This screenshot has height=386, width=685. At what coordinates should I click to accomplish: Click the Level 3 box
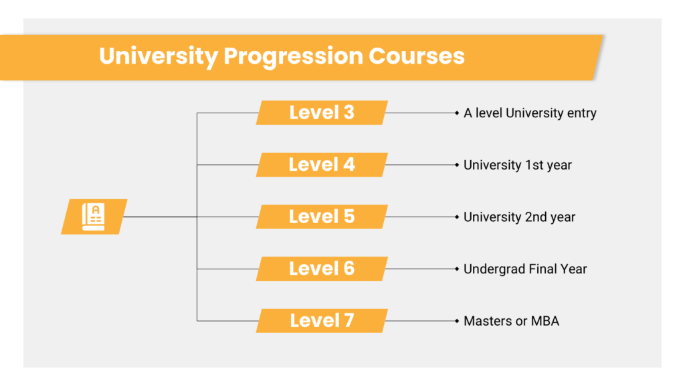tap(322, 113)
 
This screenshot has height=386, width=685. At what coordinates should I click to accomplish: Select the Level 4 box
tap(322, 165)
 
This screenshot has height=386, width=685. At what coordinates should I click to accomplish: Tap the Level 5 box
tap(322, 216)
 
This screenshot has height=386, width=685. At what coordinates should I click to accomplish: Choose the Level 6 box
tap(322, 269)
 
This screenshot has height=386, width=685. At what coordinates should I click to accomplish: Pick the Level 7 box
tap(322, 321)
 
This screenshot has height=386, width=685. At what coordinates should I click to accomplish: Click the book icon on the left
tap(94, 216)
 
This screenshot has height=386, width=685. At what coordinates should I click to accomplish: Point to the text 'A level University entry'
tap(530, 113)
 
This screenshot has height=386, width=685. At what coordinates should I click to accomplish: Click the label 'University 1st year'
tap(518, 166)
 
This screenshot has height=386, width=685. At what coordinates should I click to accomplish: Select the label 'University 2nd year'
tap(519, 217)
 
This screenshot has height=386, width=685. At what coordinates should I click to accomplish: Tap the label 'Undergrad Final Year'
tap(525, 269)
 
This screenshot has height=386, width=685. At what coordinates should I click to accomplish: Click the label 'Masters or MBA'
tap(512, 321)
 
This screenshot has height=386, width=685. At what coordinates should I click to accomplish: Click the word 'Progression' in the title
tap(293, 57)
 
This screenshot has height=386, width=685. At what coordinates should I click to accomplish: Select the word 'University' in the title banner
tap(159, 57)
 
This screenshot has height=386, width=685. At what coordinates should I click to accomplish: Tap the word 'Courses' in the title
tap(416, 56)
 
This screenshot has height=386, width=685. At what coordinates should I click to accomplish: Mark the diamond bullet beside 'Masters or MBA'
tap(457, 321)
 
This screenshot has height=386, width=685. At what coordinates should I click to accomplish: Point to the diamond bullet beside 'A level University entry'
tap(457, 113)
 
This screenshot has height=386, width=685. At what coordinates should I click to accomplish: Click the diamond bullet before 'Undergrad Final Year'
tap(457, 269)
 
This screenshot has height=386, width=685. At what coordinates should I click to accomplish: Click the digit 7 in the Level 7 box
tap(349, 321)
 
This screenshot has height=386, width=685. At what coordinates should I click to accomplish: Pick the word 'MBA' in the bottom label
tap(545, 321)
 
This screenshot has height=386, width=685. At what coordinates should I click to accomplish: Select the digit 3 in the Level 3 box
tap(349, 113)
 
